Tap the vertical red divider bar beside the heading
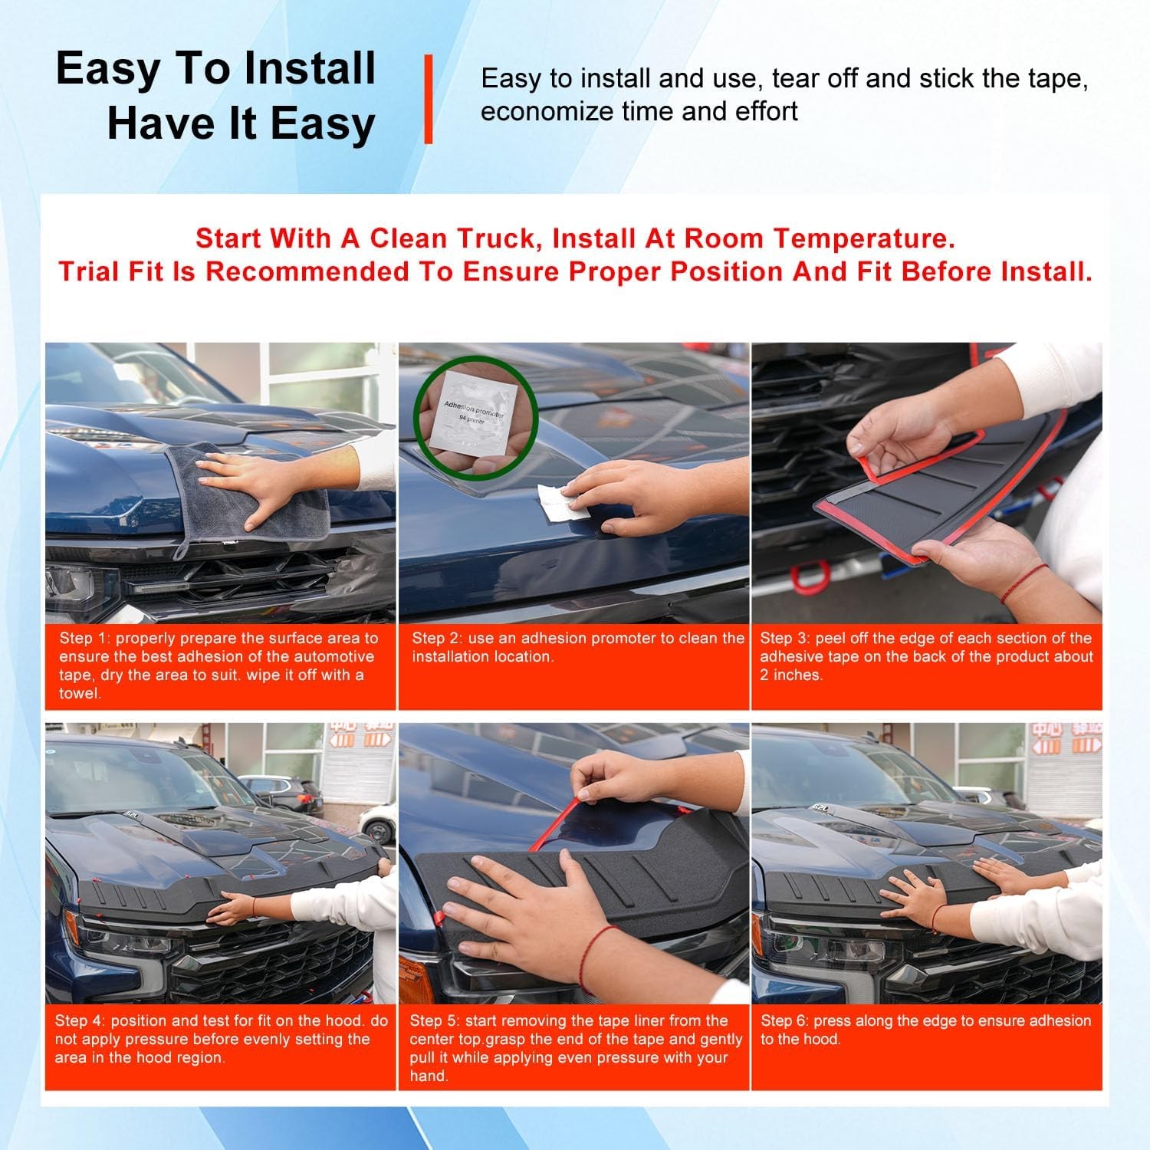click(429, 99)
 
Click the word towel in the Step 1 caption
click(79, 694)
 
